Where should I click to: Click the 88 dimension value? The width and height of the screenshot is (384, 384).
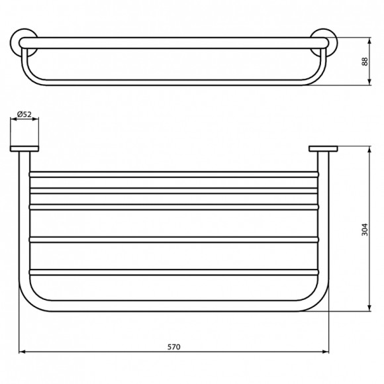tap(364, 60)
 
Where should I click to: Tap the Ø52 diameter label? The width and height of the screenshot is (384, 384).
tap(24, 114)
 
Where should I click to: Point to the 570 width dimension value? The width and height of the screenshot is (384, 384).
tap(173, 347)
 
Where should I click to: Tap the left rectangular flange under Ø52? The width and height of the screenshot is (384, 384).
tap(24, 148)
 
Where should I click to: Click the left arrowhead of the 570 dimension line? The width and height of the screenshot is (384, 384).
tap(21, 352)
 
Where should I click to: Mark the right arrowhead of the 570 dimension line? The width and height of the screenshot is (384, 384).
tap(327, 352)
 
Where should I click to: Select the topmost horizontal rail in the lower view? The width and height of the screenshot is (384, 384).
tap(175, 174)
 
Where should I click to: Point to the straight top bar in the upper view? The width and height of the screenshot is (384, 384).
tap(175, 43)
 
